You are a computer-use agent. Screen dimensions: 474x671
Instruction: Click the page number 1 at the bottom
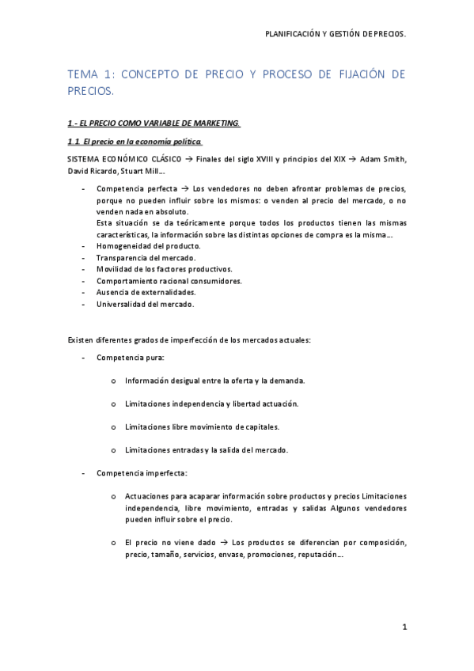(x=404, y=628)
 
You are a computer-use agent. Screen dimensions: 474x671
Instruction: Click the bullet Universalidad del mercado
(x=145, y=304)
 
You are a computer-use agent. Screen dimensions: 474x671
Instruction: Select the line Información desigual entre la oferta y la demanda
(x=214, y=381)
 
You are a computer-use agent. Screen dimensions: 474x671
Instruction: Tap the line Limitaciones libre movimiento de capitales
(x=202, y=426)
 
